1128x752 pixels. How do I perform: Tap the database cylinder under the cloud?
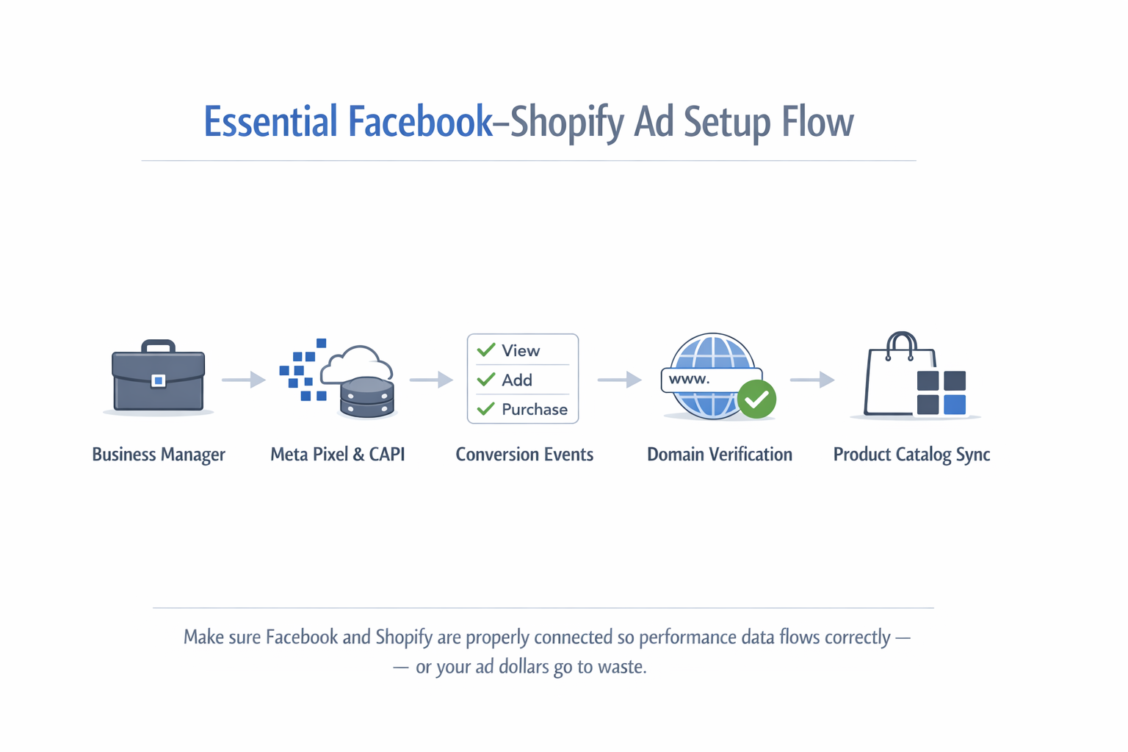(366, 397)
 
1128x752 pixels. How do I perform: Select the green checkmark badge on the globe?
(756, 399)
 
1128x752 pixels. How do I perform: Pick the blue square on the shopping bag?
(954, 405)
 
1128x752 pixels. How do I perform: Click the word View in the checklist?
(521, 351)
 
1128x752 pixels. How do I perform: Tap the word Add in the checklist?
(517, 380)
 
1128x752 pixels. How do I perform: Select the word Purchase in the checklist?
(535, 410)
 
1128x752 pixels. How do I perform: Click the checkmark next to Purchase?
(485, 409)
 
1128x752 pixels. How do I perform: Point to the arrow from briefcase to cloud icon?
(244, 380)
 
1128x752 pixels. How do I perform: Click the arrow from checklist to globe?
(620, 380)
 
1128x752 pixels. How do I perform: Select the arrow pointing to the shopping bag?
(812, 380)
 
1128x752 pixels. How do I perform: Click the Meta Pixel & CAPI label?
(337, 455)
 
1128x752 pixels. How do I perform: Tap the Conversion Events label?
(524, 455)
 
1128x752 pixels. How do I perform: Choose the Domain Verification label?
(720, 455)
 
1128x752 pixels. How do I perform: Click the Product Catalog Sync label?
(911, 455)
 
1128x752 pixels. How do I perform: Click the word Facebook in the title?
(420, 122)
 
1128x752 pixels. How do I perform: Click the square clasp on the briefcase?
(158, 380)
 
